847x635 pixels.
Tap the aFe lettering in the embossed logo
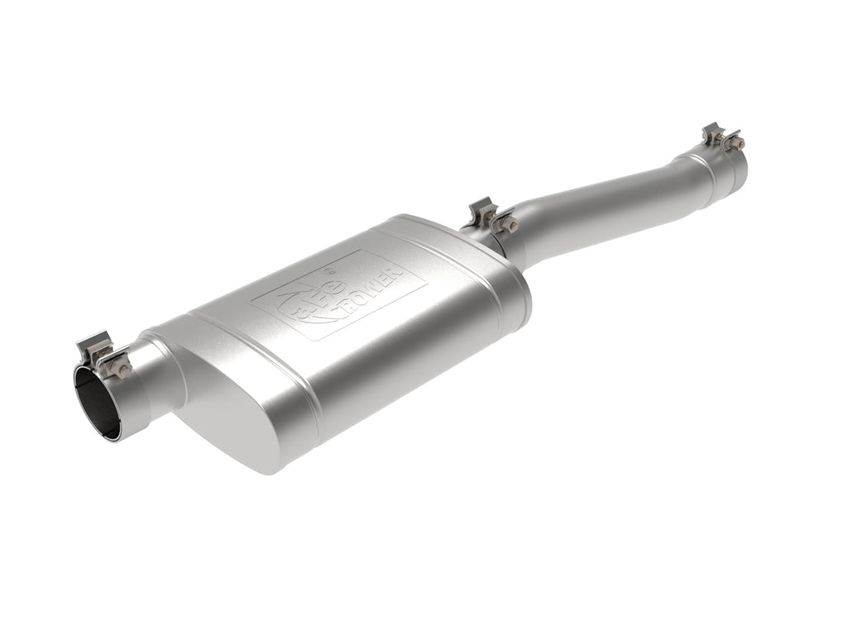coord(313,304)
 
